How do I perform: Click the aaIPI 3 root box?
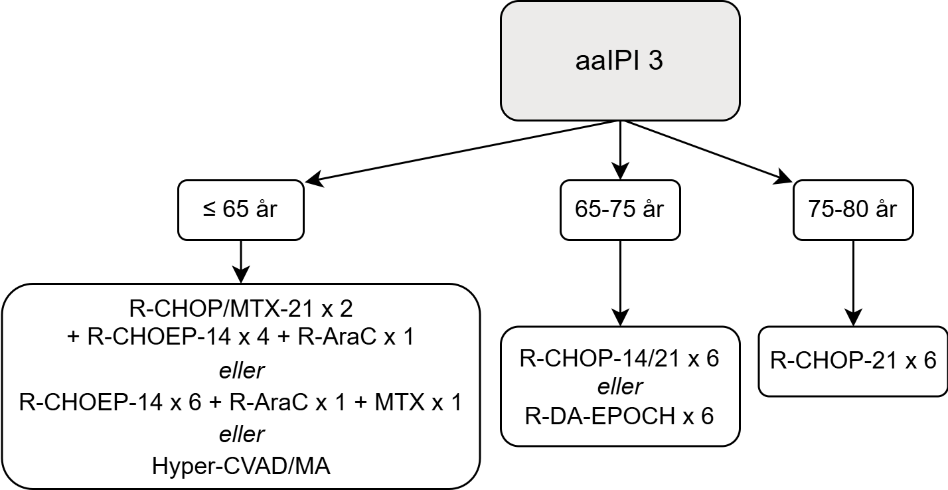[619, 61]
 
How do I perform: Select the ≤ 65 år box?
[240, 210]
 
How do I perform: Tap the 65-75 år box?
[619, 210]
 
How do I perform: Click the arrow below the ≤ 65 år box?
[240, 261]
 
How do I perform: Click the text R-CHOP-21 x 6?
[853, 361]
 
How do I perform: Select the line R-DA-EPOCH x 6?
[619, 416]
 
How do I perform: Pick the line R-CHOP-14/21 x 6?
[619, 359]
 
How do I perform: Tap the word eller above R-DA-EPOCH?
[619, 387]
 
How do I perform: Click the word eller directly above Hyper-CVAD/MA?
[242, 434]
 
